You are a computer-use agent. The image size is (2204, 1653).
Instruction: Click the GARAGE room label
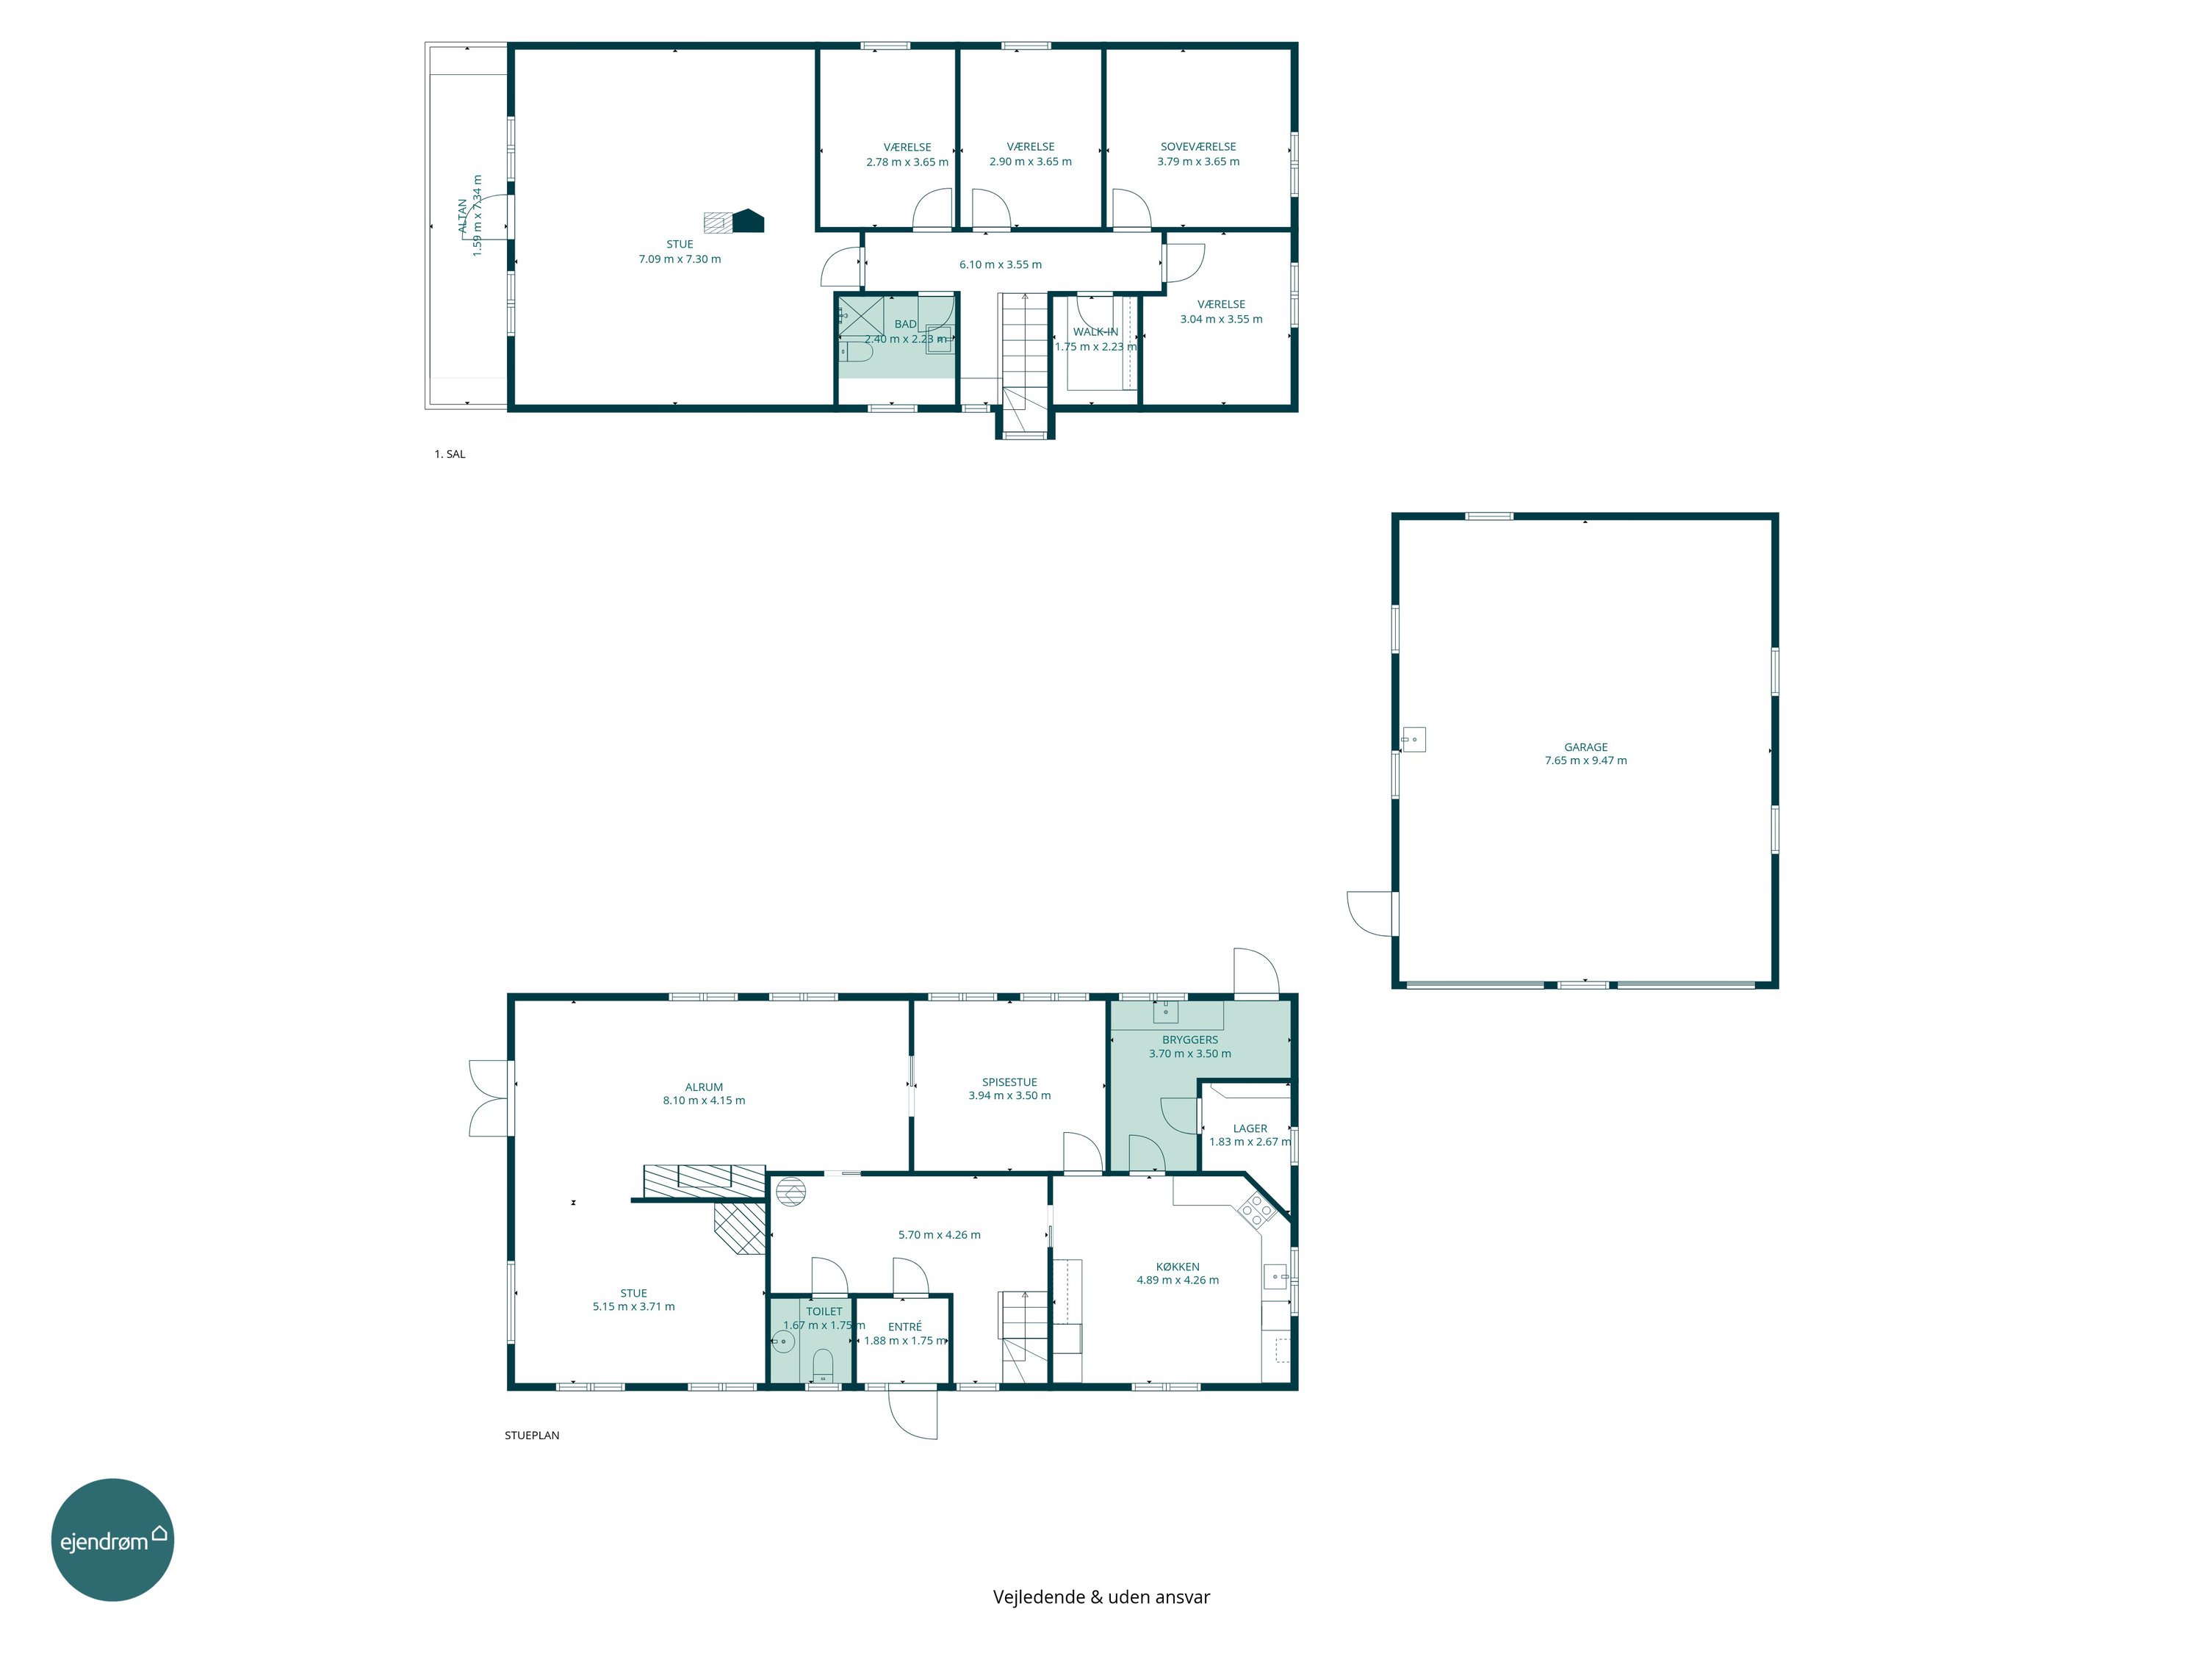click(1585, 746)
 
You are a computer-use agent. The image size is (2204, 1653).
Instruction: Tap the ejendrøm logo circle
click(112, 1539)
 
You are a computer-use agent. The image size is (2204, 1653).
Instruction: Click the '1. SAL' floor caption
click(450, 454)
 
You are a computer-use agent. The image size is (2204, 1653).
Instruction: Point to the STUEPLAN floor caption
click(532, 1436)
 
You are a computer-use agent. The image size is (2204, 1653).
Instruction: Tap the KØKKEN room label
click(1178, 1267)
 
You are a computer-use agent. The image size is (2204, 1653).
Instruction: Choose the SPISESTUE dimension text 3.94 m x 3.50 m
click(1009, 1095)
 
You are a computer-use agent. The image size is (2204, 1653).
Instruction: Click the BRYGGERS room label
click(1189, 1040)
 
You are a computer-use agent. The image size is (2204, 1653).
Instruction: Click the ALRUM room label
click(704, 1087)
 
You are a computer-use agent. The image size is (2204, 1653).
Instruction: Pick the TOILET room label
click(824, 1311)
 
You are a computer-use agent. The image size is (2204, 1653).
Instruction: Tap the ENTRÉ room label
click(904, 1326)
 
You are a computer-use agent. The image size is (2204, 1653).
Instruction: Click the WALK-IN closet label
click(1095, 332)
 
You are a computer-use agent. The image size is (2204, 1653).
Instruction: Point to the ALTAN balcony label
click(462, 216)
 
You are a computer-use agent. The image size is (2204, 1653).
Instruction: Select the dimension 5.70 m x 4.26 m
click(939, 1234)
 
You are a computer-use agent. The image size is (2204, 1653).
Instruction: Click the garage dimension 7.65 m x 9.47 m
click(1585, 760)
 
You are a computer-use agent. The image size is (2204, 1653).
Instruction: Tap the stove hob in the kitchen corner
click(1256, 1209)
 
